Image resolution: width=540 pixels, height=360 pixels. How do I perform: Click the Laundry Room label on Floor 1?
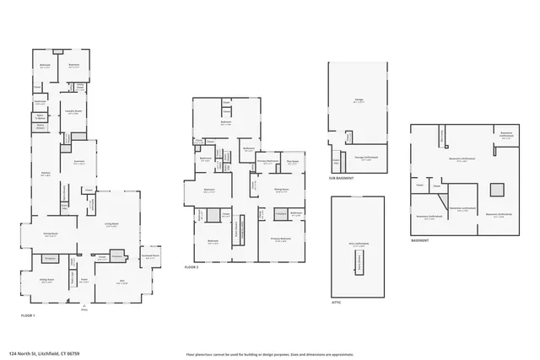[73, 111]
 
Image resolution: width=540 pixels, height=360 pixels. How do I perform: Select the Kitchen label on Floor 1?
[46, 175]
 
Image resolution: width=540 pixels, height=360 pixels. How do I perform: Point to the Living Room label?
[111, 223]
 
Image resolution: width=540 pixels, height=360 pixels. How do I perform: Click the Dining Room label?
[50, 235]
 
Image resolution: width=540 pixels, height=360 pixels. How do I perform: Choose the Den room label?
[121, 281]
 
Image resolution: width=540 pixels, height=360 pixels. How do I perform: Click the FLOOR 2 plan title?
[192, 266]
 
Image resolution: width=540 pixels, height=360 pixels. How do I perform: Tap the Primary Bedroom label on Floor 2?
[282, 239]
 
